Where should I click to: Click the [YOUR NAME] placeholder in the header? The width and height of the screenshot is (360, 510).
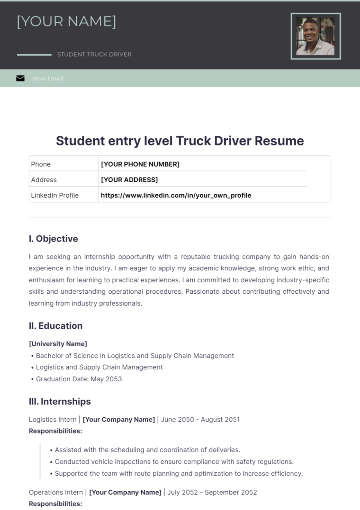[66, 22]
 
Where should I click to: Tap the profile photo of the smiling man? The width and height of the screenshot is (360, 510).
[315, 36]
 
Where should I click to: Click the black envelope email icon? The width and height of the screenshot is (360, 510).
[20, 78]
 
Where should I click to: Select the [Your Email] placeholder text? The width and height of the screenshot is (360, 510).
[48, 79]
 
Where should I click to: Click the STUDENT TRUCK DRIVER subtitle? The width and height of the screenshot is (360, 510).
[94, 55]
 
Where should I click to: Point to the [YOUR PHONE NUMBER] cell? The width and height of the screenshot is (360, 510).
[140, 164]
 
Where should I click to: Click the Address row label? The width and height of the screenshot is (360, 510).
[44, 180]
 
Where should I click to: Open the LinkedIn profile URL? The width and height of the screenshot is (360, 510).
[176, 195]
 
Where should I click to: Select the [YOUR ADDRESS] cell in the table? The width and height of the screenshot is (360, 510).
[129, 180]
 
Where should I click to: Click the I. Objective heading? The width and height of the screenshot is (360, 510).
[53, 239]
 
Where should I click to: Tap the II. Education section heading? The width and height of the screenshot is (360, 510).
[55, 326]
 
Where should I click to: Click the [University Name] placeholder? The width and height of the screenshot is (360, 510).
[58, 344]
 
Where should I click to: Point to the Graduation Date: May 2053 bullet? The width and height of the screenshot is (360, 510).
[79, 379]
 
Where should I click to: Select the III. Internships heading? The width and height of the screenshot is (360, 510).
[60, 401]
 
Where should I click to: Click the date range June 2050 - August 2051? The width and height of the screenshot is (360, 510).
[200, 419]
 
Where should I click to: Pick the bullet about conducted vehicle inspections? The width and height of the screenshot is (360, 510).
[174, 462]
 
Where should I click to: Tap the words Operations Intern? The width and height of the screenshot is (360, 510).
[56, 492]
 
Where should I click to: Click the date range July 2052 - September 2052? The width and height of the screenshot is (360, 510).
[212, 492]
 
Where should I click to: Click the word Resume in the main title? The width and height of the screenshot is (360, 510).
[279, 141]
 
